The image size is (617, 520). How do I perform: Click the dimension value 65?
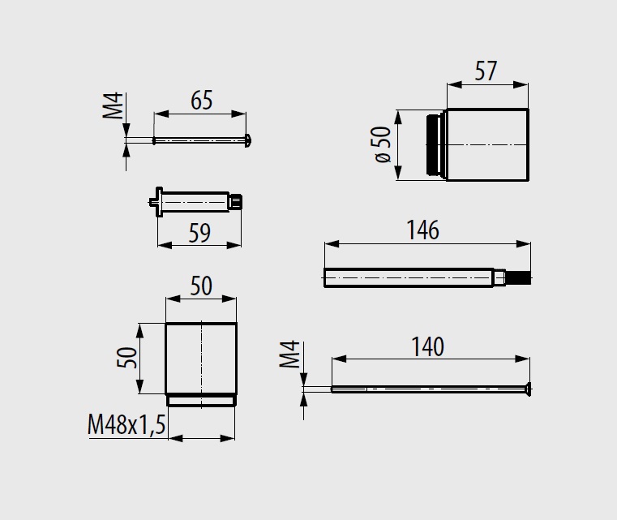pyautogui.click(x=201, y=100)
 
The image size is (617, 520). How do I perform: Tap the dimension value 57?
pyautogui.click(x=486, y=71)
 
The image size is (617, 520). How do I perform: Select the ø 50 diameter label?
pyautogui.click(x=383, y=144)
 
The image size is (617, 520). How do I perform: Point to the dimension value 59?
pyautogui.click(x=199, y=233)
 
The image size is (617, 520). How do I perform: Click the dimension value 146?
pyautogui.click(x=422, y=230)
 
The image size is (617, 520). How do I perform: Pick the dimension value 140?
pyautogui.click(x=427, y=346)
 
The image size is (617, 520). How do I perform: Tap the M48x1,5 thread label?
pyautogui.click(x=126, y=425)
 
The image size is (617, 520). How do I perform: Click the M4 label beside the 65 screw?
pyautogui.click(x=113, y=105)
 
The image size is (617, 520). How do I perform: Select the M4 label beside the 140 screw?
pyautogui.click(x=289, y=354)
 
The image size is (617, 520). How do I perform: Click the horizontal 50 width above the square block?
pyautogui.click(x=201, y=286)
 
